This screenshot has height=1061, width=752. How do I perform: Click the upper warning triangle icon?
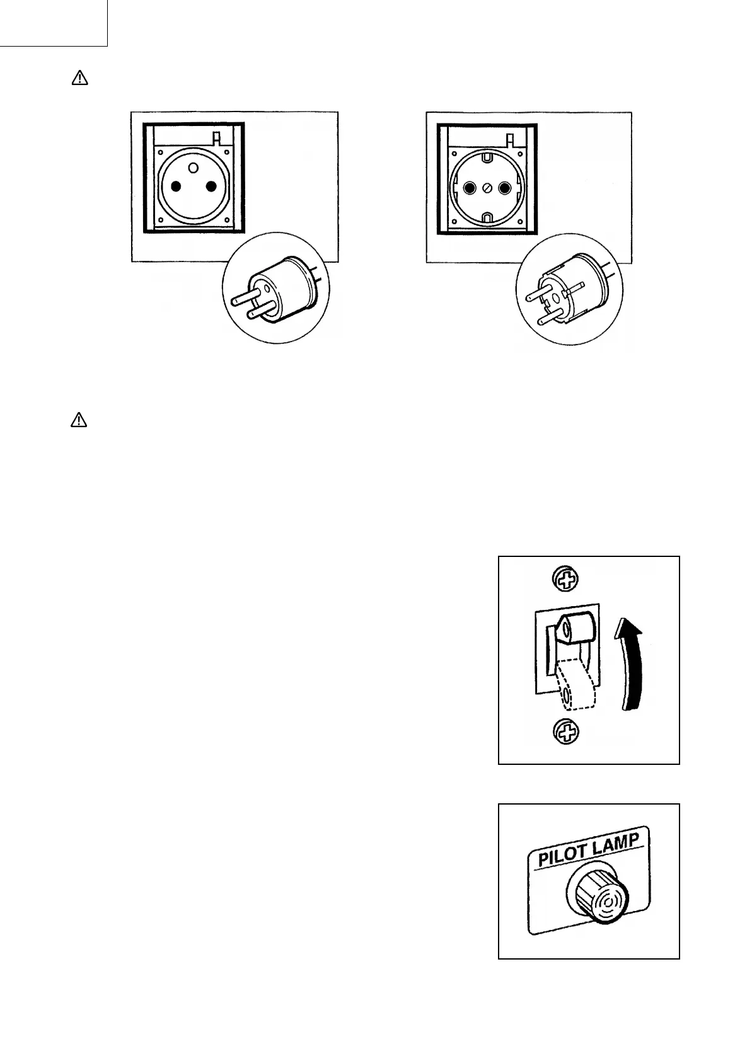pos(79,78)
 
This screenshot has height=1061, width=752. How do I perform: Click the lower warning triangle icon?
pos(78,420)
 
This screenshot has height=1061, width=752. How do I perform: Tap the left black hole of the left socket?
pos(176,186)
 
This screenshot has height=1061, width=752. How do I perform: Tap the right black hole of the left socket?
pos(211,186)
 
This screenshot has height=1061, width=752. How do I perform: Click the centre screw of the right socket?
pos(486,188)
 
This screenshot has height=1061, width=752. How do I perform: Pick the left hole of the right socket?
pos(469,188)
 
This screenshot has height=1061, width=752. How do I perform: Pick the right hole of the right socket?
pos(503,188)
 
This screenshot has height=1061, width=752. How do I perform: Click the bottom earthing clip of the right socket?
pos(486,219)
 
